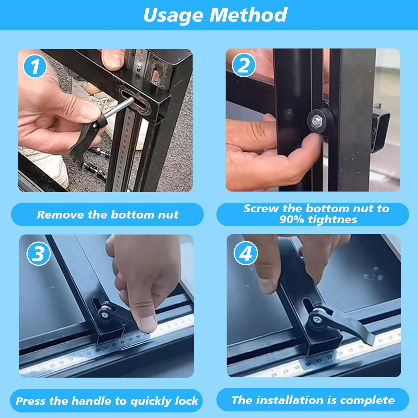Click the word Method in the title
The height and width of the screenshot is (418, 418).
tap(248, 15)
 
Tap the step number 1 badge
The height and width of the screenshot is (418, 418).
tap(35, 67)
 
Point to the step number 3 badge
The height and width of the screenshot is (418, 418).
tap(38, 254)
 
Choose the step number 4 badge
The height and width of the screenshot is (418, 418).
tap(246, 253)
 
